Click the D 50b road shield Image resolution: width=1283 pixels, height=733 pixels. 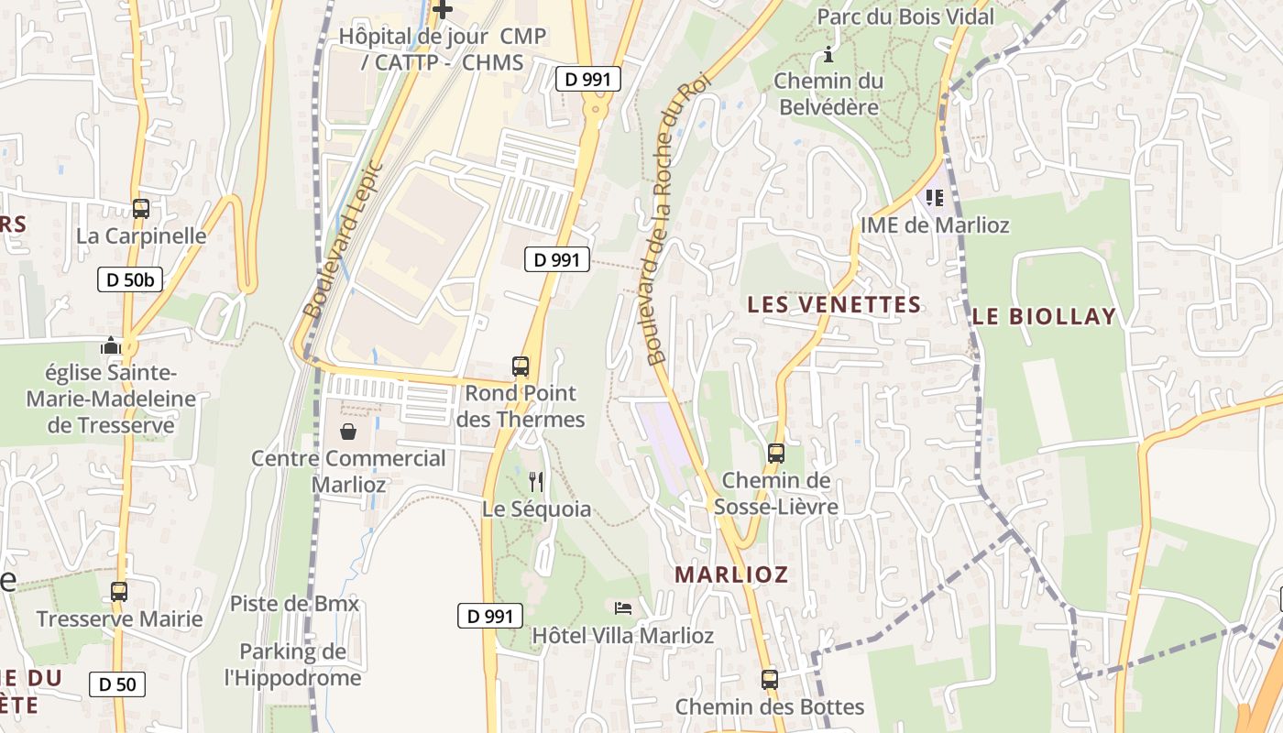(130, 279)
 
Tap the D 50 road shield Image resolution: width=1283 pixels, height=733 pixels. (117, 684)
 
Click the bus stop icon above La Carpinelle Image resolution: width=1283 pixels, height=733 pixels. (140, 209)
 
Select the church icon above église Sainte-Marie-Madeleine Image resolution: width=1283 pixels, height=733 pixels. (111, 346)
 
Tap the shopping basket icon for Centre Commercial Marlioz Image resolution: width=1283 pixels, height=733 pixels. (348, 432)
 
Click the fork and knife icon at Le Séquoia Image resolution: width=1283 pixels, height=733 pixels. (536, 481)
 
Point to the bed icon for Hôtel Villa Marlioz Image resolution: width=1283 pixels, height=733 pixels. (623, 608)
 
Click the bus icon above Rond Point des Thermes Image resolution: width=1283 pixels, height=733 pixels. (521, 366)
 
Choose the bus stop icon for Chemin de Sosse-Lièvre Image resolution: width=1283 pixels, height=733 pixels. (776, 453)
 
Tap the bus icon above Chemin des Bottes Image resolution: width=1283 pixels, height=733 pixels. (770, 680)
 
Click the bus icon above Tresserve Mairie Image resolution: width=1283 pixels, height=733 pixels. (119, 592)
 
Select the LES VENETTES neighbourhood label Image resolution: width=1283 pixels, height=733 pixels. (834, 304)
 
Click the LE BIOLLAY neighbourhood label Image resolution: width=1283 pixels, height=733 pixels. (1044, 317)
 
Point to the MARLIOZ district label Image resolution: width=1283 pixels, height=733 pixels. (731, 574)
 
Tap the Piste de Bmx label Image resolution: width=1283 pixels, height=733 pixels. (294, 604)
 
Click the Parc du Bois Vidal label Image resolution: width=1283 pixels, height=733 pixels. (905, 16)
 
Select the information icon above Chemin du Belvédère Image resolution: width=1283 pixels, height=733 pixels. (828, 54)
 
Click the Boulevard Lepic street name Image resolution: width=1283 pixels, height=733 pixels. (342, 240)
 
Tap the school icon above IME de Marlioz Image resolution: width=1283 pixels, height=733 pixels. (935, 197)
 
